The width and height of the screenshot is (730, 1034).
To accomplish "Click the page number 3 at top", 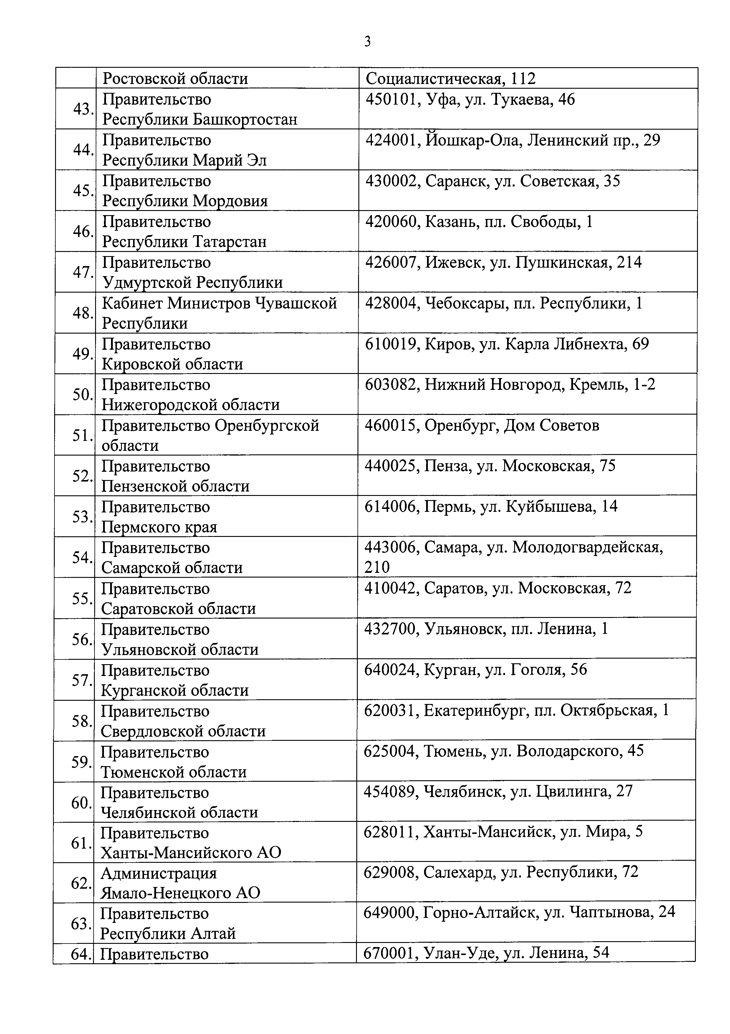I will coord(367,42).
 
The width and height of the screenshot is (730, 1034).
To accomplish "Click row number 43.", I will coord(83,109).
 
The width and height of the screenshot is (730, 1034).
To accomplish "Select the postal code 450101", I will coord(390,100).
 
